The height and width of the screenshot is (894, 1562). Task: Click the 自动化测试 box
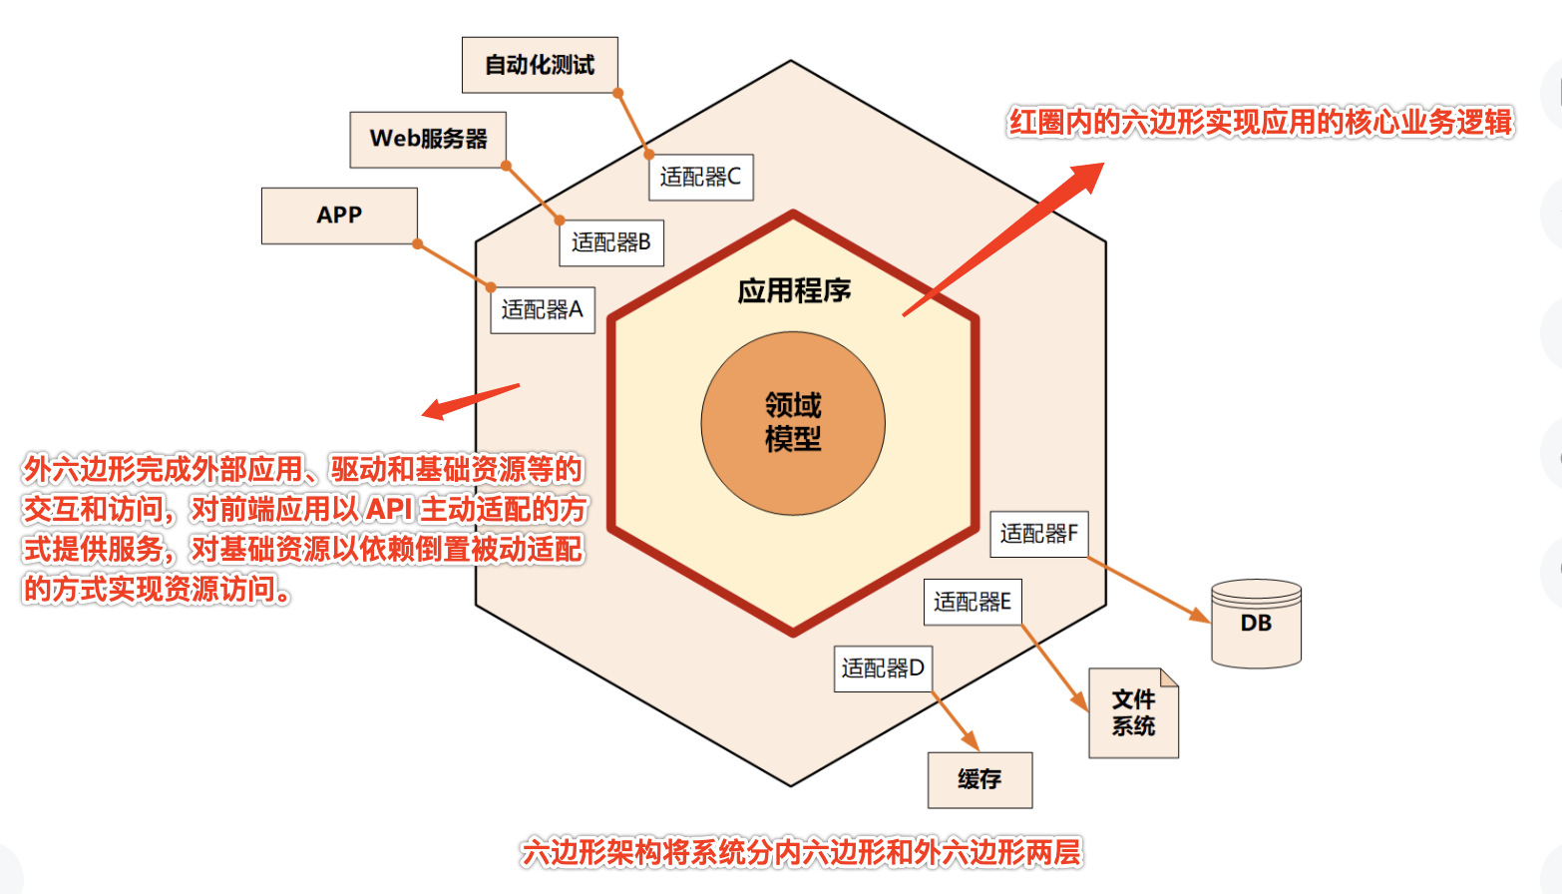pyautogui.click(x=540, y=65)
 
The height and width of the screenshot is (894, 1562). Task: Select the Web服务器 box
pyautogui.click(x=428, y=140)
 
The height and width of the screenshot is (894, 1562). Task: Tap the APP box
pyautogui.click(x=339, y=216)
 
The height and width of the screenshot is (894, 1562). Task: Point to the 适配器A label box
pyautogui.click(x=543, y=310)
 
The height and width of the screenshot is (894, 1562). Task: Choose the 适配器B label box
pyautogui.click(x=611, y=242)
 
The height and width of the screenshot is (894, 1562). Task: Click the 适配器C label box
pyautogui.click(x=701, y=178)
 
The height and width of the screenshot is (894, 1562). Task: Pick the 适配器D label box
pyautogui.click(x=884, y=669)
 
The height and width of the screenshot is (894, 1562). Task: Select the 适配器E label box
pyautogui.click(x=973, y=602)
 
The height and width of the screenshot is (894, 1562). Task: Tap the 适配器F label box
pyautogui.click(x=1039, y=534)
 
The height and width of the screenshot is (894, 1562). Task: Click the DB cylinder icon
pyautogui.click(x=1257, y=624)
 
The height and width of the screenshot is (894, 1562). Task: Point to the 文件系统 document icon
pyautogui.click(x=1134, y=712)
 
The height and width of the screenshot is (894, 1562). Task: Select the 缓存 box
pyautogui.click(x=979, y=779)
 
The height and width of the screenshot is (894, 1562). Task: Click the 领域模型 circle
pyautogui.click(x=793, y=423)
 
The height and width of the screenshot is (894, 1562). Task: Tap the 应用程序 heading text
pyautogui.click(x=794, y=291)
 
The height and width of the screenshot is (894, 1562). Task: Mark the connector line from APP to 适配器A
pyautogui.click(x=454, y=265)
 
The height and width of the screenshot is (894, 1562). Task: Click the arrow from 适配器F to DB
pyautogui.click(x=1148, y=590)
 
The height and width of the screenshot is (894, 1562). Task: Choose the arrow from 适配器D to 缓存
pyautogui.click(x=956, y=721)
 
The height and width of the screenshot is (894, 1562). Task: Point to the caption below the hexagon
pyautogui.click(x=801, y=853)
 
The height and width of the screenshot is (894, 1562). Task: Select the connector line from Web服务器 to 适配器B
pyautogui.click(x=533, y=194)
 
